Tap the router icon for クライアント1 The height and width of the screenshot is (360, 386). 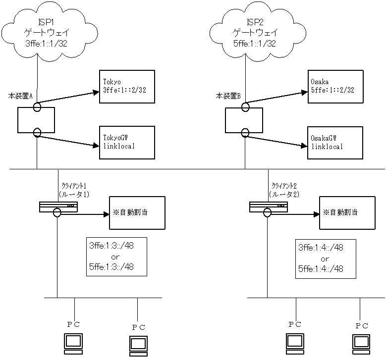pyautogui.click(x=58, y=207)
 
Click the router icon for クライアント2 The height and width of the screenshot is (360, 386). pyautogui.click(x=268, y=207)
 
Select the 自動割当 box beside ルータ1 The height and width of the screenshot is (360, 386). pyautogui.click(x=137, y=213)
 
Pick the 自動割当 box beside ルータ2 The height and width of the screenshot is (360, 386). pyautogui.click(x=347, y=213)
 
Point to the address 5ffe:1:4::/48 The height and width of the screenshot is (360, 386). pyautogui.click(x=321, y=269)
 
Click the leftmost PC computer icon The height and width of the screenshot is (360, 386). pyautogui.click(x=73, y=342)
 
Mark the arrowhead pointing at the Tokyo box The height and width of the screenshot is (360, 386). pyautogui.click(x=96, y=92)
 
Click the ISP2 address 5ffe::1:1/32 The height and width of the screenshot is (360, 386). pyautogui.click(x=255, y=43)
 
